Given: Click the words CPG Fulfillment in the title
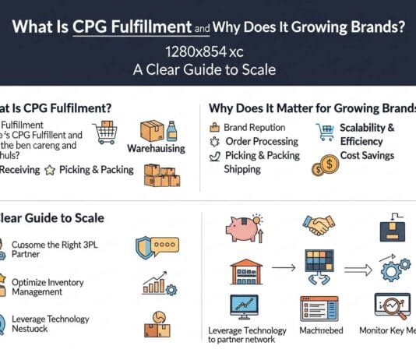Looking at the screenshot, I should pyautogui.click(x=132, y=27).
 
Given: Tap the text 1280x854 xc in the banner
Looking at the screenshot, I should pyautogui.click(x=208, y=51).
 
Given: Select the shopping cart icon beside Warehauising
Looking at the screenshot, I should pyautogui.click(x=104, y=133).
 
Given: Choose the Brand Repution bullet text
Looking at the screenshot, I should pyautogui.click(x=255, y=127).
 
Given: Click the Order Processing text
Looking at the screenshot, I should pyautogui.click(x=261, y=141).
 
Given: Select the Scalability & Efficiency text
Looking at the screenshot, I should pyautogui.click(x=367, y=134).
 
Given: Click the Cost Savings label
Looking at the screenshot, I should pyautogui.click(x=367, y=155).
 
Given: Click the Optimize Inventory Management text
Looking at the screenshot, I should pyautogui.click(x=48, y=286).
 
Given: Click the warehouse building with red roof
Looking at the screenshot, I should pyautogui.click(x=245, y=270).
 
